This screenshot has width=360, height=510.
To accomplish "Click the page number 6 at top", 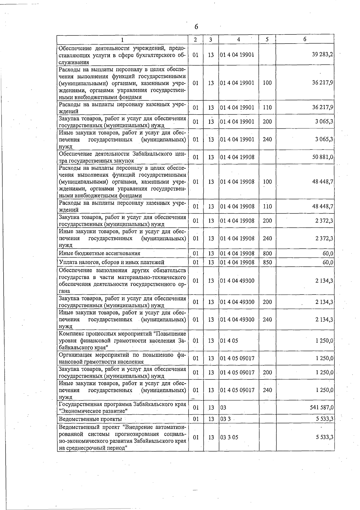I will (196, 27).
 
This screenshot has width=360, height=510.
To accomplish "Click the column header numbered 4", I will (238, 39).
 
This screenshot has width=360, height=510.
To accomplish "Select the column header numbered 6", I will (304, 39).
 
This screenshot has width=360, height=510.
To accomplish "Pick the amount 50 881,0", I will (322, 157).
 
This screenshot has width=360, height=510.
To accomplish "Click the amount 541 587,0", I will (321, 408).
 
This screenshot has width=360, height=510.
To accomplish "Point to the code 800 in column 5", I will (267, 253).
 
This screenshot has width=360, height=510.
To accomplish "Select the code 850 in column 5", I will (267, 262).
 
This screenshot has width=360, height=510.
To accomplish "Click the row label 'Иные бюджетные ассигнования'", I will (100, 253).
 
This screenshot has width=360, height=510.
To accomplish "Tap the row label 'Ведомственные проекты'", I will (90, 419).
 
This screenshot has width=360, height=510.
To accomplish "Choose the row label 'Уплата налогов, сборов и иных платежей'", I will (112, 262).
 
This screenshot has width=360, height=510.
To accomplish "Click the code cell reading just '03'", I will (223, 408).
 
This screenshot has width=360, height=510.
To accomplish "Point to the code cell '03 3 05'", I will (229, 437).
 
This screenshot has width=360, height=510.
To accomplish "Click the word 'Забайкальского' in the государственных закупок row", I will (153, 154).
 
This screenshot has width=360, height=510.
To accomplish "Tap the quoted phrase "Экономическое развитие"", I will (94, 411).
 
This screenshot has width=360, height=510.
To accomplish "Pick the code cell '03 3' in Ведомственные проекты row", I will (225, 419).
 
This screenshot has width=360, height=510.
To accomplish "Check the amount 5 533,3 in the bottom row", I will (324, 437).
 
